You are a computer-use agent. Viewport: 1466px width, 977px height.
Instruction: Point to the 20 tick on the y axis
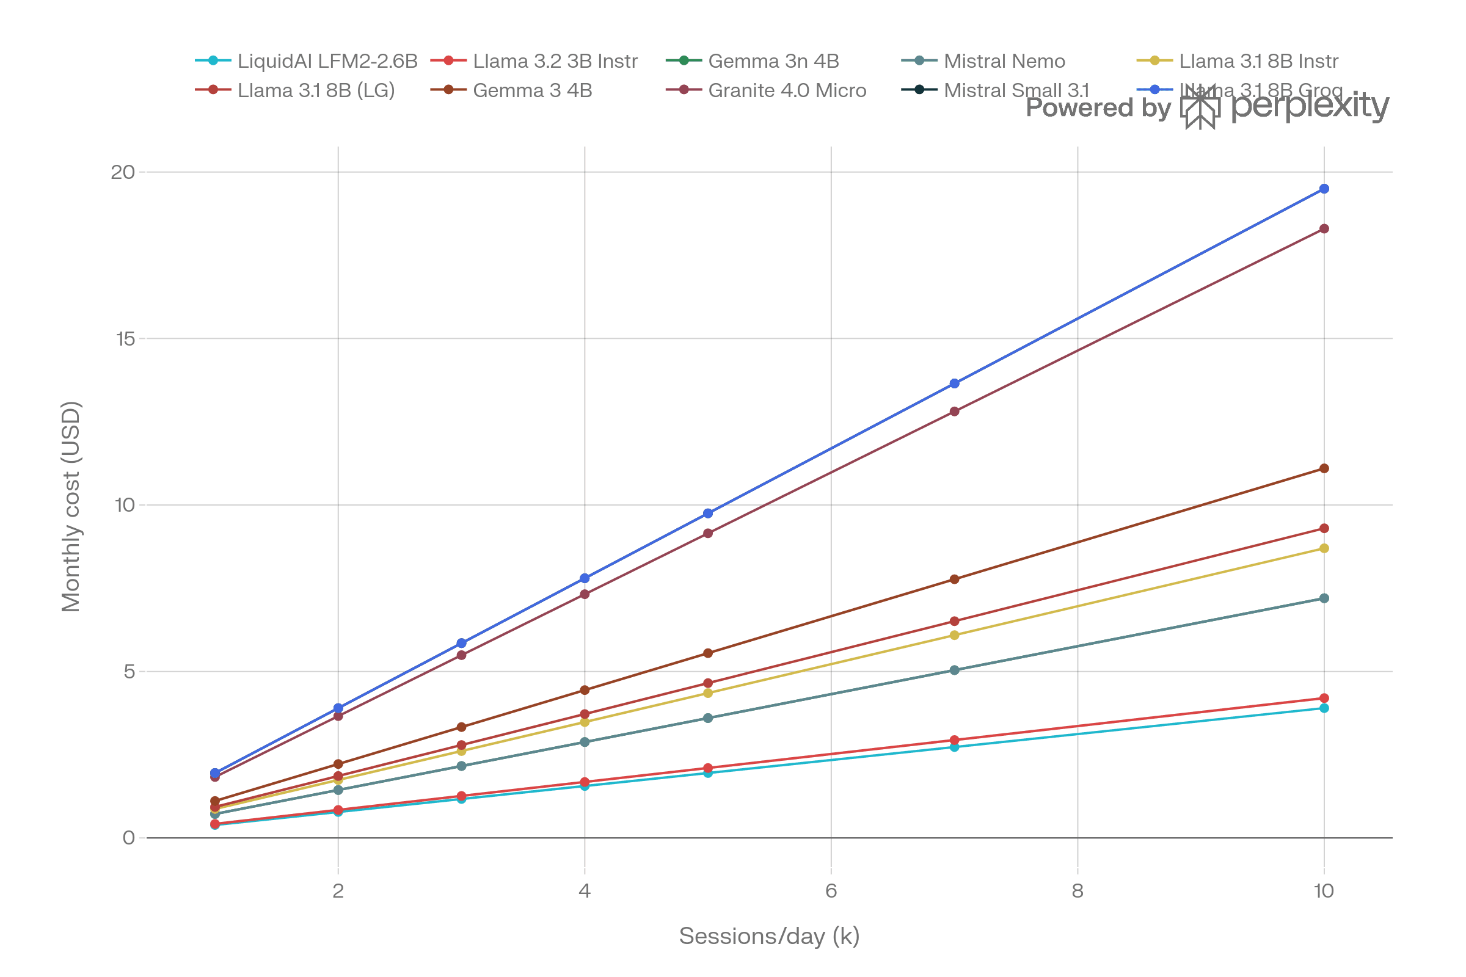click(123, 172)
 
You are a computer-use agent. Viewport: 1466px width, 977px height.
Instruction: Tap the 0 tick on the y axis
click(128, 837)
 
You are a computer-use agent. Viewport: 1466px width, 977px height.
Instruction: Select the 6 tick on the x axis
click(831, 891)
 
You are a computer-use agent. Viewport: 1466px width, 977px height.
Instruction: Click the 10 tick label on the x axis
click(1323, 891)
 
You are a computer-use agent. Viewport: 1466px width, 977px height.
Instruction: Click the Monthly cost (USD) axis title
click(70, 506)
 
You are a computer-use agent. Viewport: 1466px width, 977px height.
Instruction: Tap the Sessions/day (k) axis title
click(768, 936)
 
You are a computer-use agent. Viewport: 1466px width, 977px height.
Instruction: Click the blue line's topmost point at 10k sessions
click(1324, 189)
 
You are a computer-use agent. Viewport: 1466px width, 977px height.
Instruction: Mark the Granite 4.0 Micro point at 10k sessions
click(1324, 228)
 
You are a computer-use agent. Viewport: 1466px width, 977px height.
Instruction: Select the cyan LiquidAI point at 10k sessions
click(1324, 708)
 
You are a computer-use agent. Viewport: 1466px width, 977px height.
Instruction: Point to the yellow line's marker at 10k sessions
click(1324, 548)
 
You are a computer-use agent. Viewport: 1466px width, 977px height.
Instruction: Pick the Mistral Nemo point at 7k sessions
click(954, 670)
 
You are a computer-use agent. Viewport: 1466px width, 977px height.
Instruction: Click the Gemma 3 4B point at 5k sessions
click(708, 653)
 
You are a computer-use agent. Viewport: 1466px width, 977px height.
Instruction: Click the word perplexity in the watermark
click(1309, 107)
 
